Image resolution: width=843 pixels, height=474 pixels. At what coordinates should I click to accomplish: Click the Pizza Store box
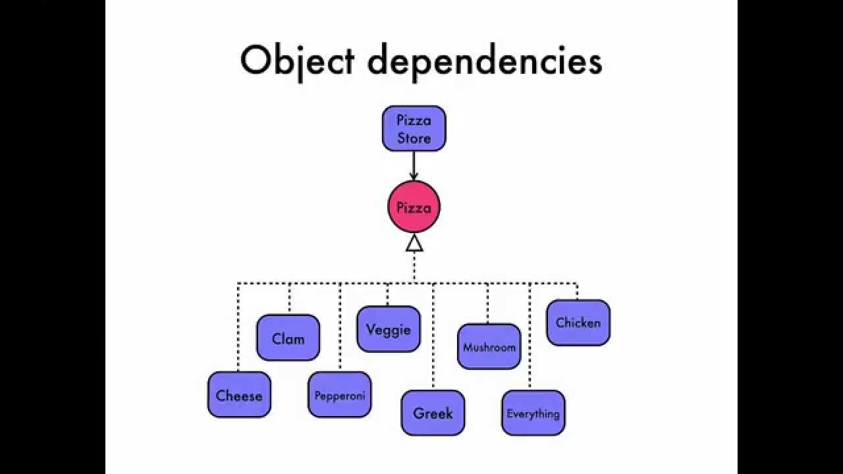(x=414, y=128)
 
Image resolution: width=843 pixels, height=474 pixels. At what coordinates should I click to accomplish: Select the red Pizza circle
(x=414, y=207)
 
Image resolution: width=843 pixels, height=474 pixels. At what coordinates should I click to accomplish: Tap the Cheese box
(x=239, y=395)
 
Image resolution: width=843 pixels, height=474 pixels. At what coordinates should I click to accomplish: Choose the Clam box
(x=288, y=338)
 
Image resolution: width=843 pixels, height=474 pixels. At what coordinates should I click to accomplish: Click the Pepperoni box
(x=340, y=395)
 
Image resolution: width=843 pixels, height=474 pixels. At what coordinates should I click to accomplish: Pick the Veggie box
(x=389, y=329)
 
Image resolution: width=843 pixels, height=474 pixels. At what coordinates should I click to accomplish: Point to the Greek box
(x=433, y=413)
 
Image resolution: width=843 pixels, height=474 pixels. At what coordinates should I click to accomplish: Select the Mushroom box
(x=489, y=346)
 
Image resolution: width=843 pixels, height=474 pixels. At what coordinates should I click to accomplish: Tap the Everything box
(x=533, y=413)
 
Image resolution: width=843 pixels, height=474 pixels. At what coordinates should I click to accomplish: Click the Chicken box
(x=578, y=323)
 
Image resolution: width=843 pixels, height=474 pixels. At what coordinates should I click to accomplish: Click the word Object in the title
(x=298, y=61)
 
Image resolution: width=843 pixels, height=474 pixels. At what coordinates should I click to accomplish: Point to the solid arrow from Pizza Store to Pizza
(x=414, y=165)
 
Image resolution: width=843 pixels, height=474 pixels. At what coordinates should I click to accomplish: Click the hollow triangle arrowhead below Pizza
(x=414, y=243)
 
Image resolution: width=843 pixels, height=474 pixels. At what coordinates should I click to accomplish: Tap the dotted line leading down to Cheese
(x=238, y=329)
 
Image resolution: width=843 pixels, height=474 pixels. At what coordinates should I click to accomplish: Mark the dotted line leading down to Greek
(x=433, y=336)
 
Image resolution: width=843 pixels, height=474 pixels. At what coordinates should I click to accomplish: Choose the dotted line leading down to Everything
(x=530, y=336)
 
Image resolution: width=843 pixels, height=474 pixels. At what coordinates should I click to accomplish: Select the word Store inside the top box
(x=414, y=138)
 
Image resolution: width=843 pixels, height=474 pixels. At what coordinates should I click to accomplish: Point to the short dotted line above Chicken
(x=577, y=291)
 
